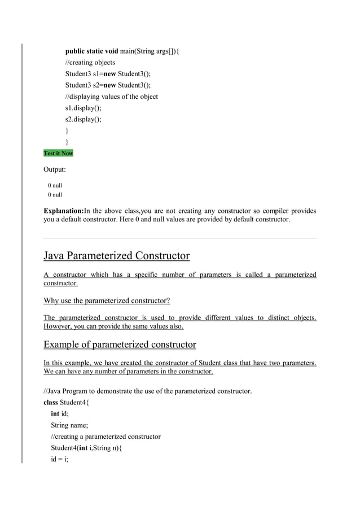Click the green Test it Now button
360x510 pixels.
pos(58,153)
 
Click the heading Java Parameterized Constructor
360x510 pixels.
pos(116,256)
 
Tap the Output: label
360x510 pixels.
pos(55,169)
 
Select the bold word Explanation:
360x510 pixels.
pos(63,211)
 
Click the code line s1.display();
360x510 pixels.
pos(83,108)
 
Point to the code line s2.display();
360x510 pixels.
pos(83,119)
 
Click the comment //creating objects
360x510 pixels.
pos(90,63)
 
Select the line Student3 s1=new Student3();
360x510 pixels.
pos(108,74)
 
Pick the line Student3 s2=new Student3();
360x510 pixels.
pos(108,85)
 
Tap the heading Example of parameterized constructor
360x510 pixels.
pos(120,344)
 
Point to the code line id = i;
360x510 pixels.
pos(59,459)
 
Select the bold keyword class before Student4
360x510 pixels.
pos(51,403)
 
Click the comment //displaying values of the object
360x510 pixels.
pos(111,97)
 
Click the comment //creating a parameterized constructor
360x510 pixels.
pos(106,437)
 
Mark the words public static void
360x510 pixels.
pos(92,51)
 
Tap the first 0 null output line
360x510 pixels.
pos(55,185)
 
